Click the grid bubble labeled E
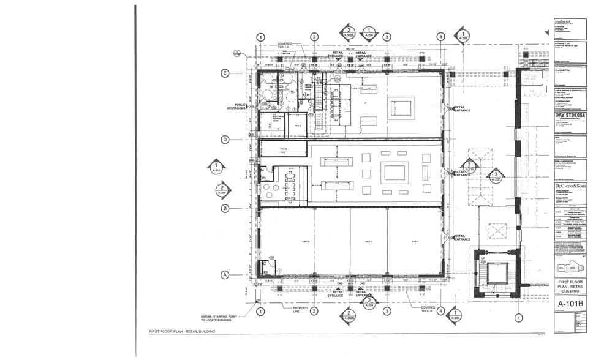pyautogui.click(x=225, y=73)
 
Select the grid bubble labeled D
pyautogui.click(x=225, y=140)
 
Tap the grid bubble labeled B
pyautogui.click(x=225, y=208)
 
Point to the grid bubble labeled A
pyautogui.click(x=225, y=275)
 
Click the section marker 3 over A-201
pyautogui.click(x=496, y=177)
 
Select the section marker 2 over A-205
pyautogui.click(x=222, y=190)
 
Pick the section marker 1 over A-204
pyautogui.click(x=369, y=33)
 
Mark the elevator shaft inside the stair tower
pyautogui.click(x=497, y=273)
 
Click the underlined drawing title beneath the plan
pyautogui.click(x=182, y=331)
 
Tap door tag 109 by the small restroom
pyautogui.click(x=263, y=258)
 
